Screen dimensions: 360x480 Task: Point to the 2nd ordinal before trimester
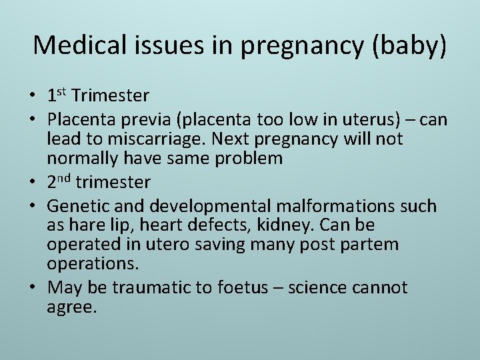pos(59,182)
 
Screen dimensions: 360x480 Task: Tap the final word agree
pos(72,308)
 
